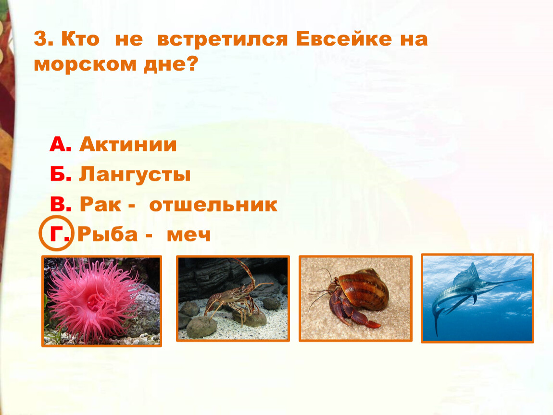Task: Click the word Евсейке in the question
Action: click(344, 38)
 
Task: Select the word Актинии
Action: click(128, 145)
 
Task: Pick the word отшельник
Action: click(214, 205)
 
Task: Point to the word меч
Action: click(189, 234)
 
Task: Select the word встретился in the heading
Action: click(223, 39)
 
